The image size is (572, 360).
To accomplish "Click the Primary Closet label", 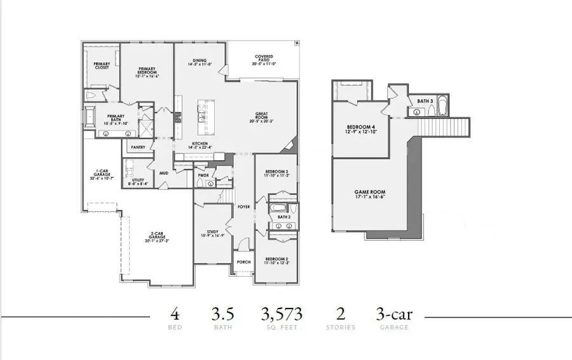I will (102, 66).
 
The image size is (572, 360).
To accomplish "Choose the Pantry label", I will (138, 148).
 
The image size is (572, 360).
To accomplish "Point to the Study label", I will (213, 233).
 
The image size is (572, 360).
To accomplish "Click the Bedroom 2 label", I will (277, 261).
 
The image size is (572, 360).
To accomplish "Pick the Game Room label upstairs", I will (370, 194).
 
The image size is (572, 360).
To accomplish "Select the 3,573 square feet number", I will (282, 314).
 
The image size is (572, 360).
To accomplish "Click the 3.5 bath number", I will (222, 314).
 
